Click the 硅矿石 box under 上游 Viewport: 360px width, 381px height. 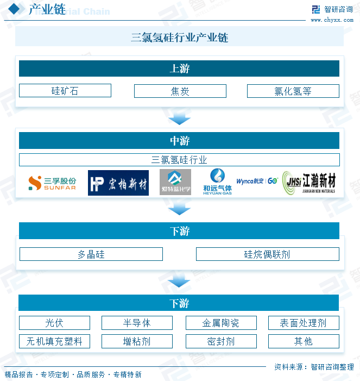(x=65, y=91)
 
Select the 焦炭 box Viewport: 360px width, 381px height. (x=180, y=91)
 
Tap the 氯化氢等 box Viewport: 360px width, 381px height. (x=293, y=91)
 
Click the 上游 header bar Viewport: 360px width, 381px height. (x=179, y=68)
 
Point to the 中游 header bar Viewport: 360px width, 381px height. (x=179, y=141)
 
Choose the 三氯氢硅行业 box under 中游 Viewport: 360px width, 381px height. (x=179, y=160)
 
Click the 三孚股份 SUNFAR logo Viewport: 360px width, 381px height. (x=52, y=183)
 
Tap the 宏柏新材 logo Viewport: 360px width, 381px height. (x=118, y=183)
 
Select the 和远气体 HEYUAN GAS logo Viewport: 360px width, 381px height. (x=217, y=182)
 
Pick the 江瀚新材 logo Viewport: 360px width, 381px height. (x=310, y=183)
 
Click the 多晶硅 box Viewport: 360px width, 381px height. (x=91, y=254)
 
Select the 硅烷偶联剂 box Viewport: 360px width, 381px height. (x=267, y=254)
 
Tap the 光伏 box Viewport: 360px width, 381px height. (x=54, y=323)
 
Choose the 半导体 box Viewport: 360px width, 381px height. (x=137, y=323)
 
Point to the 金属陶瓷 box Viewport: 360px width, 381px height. (x=220, y=323)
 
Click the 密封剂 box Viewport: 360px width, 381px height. (x=220, y=341)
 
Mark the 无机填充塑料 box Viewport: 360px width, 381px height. (x=54, y=341)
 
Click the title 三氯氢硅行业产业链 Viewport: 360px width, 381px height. (x=179, y=38)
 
